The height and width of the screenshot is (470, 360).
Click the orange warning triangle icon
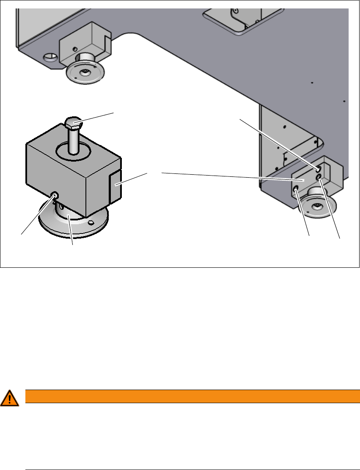click(x=9, y=398)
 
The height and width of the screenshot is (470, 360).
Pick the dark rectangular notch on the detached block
click(x=115, y=186)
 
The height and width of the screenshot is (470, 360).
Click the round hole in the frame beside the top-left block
click(x=50, y=56)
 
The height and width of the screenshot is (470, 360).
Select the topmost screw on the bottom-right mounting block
click(x=318, y=169)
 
